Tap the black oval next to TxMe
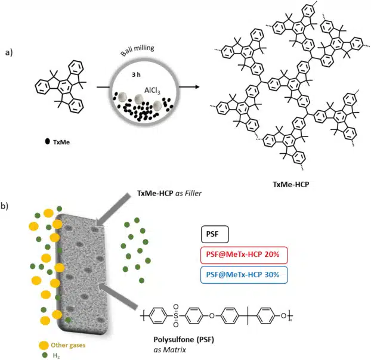click(x=48, y=142)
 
